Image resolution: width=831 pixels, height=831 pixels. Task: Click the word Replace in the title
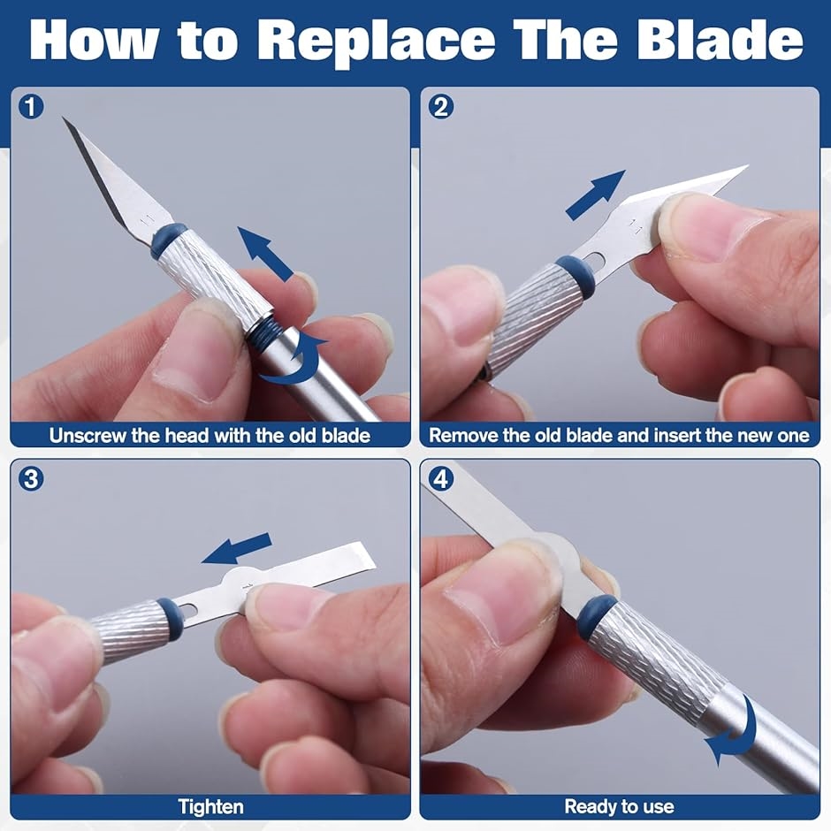point(377,41)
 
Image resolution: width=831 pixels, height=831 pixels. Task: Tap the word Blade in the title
point(720,40)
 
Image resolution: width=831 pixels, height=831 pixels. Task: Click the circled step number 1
point(31,106)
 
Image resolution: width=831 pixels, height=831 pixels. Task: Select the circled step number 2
point(440,106)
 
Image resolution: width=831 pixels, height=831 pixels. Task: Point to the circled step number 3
point(31,478)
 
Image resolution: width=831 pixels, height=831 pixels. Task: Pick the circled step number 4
point(440,478)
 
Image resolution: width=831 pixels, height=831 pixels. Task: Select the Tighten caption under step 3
point(210,807)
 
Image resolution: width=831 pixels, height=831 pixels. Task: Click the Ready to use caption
point(619,806)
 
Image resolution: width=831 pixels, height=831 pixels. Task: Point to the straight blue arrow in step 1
point(265,254)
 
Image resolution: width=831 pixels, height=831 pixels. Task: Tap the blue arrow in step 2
point(596,194)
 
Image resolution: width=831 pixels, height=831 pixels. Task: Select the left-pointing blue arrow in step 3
point(237,549)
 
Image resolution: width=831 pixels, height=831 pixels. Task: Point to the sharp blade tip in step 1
point(63,118)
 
